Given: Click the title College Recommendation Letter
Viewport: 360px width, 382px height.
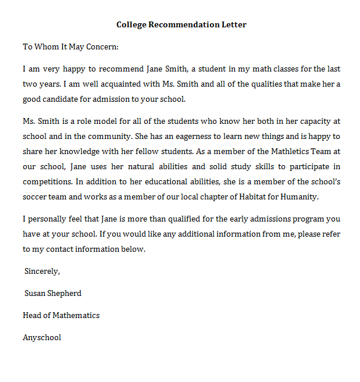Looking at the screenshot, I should pos(181,24).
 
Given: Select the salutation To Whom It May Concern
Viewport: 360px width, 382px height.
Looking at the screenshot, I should pos(70,47).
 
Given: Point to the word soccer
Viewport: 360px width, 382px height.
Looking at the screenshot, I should pos(35,197).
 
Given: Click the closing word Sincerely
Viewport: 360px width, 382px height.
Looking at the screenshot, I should pos(42,271).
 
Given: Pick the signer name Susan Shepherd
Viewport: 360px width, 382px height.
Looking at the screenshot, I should pos(53,293).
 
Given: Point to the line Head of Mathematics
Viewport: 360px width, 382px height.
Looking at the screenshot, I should pos(61,315).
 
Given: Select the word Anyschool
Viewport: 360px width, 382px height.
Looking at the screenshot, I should pos(42,337).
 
